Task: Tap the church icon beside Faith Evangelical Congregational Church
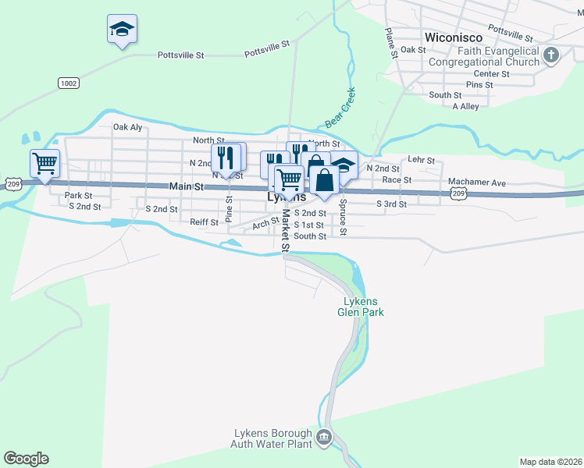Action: point(551,55)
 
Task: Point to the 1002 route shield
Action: point(68,82)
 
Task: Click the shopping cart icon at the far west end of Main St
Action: point(45,164)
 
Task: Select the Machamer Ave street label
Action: point(477,183)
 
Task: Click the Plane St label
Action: point(390,41)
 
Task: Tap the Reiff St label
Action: point(204,222)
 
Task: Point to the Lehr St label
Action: point(421,160)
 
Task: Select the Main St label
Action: point(187,187)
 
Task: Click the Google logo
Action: point(26,459)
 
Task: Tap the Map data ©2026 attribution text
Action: point(550,462)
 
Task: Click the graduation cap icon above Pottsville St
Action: point(121,30)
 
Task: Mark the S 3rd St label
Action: point(391,204)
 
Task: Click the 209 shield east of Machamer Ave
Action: point(458,193)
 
